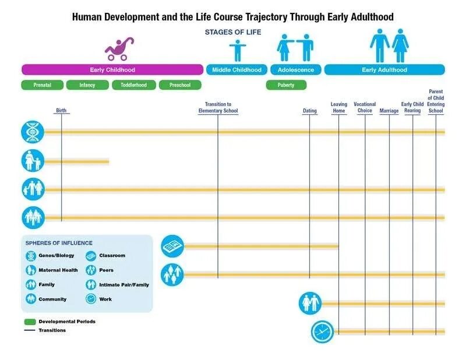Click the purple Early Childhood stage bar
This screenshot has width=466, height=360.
112,70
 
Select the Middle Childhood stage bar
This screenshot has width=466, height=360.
236,70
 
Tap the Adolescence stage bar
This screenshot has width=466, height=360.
295,70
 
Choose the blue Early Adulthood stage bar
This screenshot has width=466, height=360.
384,70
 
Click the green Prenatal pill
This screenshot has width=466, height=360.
42,85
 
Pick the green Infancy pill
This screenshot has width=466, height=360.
87,85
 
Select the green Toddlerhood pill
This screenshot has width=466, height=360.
135,85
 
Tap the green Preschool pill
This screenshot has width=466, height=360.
180,85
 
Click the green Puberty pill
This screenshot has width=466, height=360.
286,85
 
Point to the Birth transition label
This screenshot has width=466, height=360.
61,111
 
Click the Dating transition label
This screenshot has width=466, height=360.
310,111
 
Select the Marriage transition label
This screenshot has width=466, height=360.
389,111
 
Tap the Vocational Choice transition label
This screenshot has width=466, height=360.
365,108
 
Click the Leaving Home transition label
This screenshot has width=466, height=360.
339,108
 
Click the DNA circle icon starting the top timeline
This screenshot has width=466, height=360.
33,132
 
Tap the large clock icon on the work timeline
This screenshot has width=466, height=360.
322,331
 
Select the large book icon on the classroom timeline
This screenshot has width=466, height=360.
172,246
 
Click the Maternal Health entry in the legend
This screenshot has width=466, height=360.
58,270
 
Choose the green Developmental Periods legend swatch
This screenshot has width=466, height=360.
30,322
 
